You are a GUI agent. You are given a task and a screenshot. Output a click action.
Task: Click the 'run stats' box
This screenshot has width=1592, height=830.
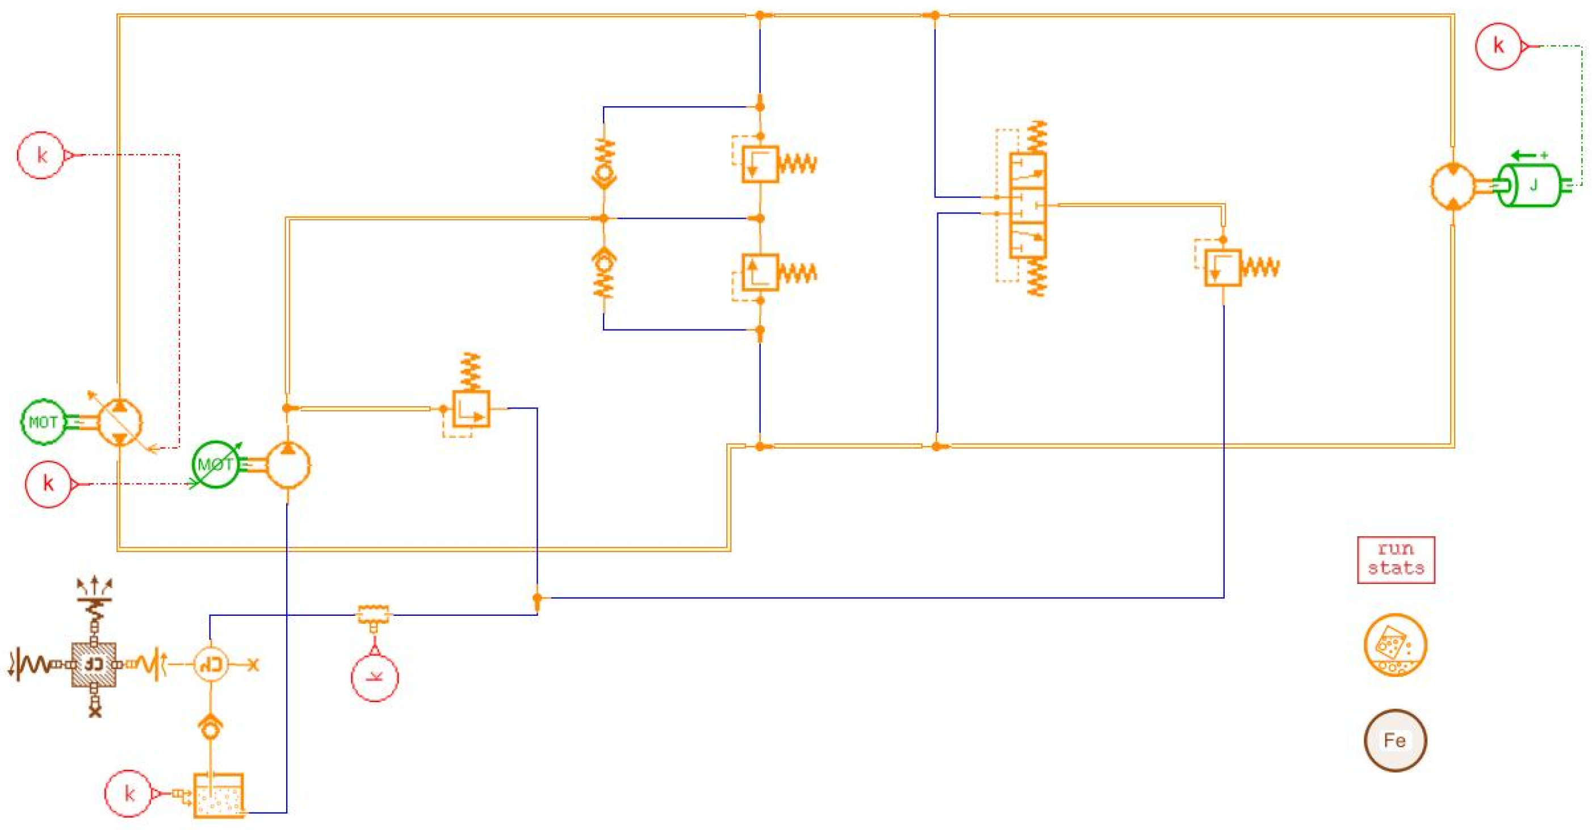tap(1396, 559)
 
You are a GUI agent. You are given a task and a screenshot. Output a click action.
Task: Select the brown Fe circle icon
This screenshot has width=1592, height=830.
tap(1395, 740)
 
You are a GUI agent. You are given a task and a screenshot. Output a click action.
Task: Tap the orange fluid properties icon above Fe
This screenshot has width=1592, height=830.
tap(1395, 644)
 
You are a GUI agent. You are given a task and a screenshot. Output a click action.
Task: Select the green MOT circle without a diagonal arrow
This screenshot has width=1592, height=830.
tap(43, 422)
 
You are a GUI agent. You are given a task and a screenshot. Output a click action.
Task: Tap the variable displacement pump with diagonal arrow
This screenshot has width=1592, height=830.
tap(120, 422)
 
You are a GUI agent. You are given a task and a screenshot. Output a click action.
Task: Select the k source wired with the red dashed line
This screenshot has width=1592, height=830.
tap(41, 155)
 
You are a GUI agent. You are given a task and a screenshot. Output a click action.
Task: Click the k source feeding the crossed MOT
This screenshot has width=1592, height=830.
tap(48, 483)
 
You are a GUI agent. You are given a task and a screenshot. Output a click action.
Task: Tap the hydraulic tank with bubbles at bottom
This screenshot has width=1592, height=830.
tap(219, 795)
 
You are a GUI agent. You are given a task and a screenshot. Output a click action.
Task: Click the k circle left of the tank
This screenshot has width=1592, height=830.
tap(128, 794)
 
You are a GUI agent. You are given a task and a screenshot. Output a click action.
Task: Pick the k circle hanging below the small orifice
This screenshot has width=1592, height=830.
tap(375, 677)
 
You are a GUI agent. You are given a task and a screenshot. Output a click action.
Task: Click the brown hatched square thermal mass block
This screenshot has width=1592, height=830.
tap(94, 664)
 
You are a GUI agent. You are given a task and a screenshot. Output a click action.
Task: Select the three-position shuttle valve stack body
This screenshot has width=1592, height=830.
tap(1028, 205)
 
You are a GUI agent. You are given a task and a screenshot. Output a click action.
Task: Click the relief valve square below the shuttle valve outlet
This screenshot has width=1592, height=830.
tap(1222, 267)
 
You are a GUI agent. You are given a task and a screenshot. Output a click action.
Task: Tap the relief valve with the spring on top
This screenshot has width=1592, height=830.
tap(471, 408)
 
